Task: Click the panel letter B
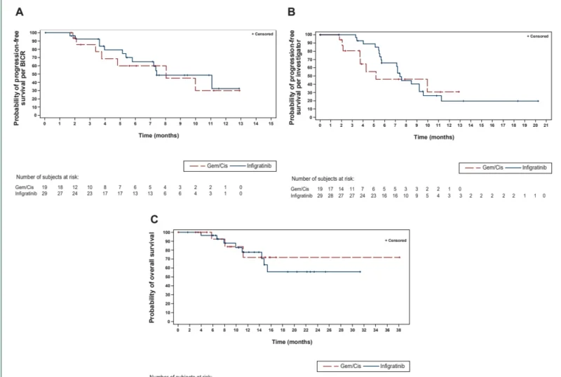[291, 12]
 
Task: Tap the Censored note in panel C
[397, 240]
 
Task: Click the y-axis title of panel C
[154, 276]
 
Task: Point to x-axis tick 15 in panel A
[271, 123]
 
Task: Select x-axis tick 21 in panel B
[546, 124]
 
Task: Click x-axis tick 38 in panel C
[400, 329]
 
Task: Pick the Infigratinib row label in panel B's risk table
[304, 196]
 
